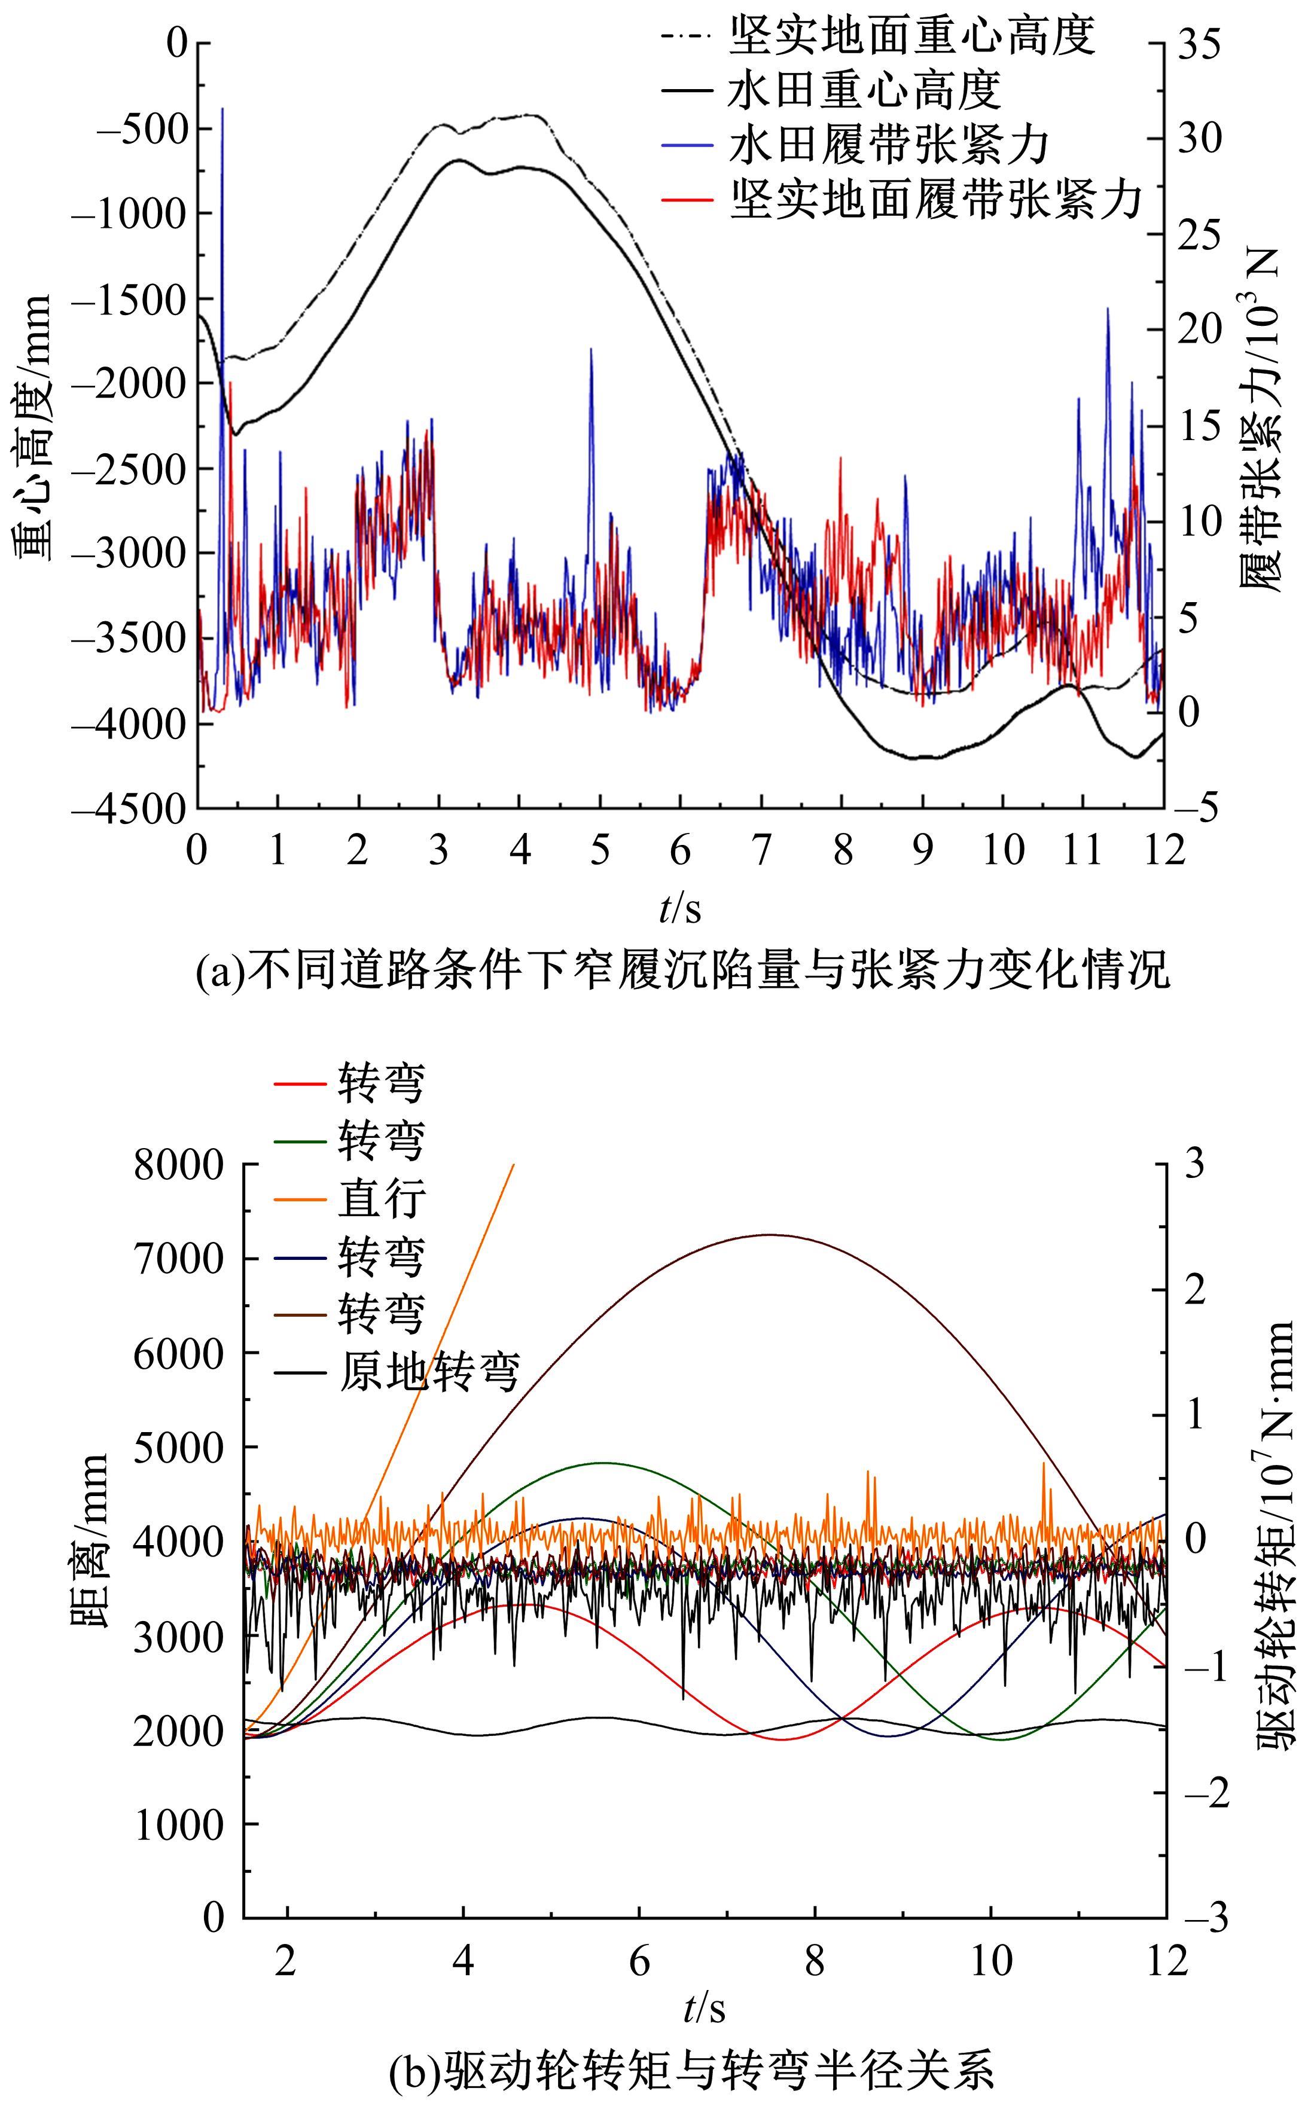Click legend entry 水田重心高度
pyautogui.click(x=865, y=90)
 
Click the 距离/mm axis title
pyautogui.click(x=89, y=1542)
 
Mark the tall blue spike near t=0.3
pyautogui.click(x=222, y=111)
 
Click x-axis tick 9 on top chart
pyautogui.click(x=922, y=851)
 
